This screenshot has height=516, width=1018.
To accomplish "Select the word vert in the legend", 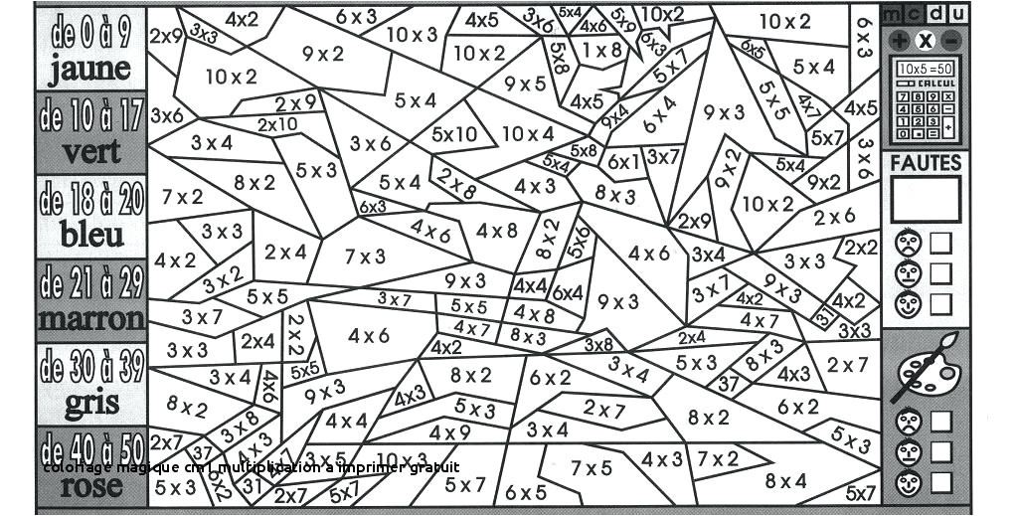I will pos(91,152).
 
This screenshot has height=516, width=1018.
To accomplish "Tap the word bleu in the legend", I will pos(91,236).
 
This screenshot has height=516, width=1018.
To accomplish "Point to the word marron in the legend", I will pos(91,320).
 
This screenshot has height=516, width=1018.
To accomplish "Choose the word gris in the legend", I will pos(91,404).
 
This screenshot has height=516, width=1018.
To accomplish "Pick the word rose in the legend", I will pos(91,487).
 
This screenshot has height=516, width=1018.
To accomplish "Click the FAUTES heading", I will pos(926,163).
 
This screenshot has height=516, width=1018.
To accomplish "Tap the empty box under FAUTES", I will pos(926,199).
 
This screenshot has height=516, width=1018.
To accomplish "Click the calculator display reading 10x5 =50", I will pos(926,69).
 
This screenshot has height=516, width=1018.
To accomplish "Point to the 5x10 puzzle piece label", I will pos(453,134).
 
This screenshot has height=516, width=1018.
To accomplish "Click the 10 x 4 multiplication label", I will pos(528,134).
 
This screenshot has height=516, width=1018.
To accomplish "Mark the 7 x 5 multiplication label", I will pos(592,467).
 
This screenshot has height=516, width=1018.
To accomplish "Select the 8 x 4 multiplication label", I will pos(785,481).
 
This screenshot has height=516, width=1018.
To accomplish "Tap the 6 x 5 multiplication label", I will pos(526,492).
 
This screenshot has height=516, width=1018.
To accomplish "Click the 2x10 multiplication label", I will pos(276,124).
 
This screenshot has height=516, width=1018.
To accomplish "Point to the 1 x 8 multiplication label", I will pos(601,49).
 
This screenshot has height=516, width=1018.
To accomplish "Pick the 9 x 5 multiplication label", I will pos(526,85).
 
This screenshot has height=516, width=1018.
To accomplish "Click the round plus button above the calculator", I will pos(901,41).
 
